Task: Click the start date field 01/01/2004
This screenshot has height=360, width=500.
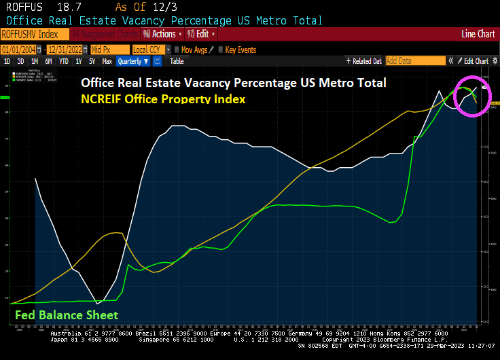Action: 22,50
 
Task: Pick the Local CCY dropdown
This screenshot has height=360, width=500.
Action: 150,50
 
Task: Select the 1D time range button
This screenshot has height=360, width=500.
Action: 7,61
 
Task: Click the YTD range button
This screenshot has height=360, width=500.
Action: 64,61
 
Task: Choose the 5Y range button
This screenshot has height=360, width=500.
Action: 92,61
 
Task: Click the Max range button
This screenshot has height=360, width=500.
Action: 107,61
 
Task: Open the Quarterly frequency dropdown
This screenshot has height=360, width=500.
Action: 133,61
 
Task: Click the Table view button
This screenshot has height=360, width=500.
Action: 177,61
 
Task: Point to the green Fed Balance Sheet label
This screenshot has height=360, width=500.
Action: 66,314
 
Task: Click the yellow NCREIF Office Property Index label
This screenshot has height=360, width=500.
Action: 162,99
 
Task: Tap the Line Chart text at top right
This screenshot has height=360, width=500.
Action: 478,33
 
